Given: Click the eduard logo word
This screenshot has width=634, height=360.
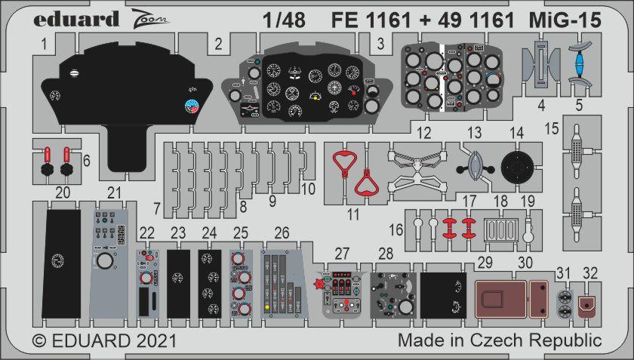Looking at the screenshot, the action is click(76, 20).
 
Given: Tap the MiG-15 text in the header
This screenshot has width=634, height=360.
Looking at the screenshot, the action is click(565, 20).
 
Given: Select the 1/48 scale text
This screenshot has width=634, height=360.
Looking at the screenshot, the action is click(284, 20).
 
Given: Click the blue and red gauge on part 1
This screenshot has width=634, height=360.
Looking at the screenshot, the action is click(191, 106).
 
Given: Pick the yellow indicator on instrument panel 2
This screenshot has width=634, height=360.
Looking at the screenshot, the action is click(315, 97).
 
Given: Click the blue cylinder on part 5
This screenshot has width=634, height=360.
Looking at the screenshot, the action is click(580, 65).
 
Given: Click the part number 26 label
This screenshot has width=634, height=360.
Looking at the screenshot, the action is click(282, 232).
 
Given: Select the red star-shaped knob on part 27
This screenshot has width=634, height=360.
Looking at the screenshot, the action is click(319, 284).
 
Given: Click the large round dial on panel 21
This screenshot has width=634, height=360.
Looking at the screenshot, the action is click(105, 261).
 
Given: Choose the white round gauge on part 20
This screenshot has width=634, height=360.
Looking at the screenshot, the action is click(58, 261).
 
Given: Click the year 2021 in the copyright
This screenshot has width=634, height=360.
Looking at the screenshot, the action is click(156, 340).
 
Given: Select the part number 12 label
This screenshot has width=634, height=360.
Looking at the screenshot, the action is click(423, 133).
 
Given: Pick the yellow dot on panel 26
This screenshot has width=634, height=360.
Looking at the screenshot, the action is click(267, 306).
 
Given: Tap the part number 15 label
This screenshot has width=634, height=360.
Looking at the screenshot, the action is click(552, 128).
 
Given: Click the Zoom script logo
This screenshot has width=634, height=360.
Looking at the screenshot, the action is click(149, 19).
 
